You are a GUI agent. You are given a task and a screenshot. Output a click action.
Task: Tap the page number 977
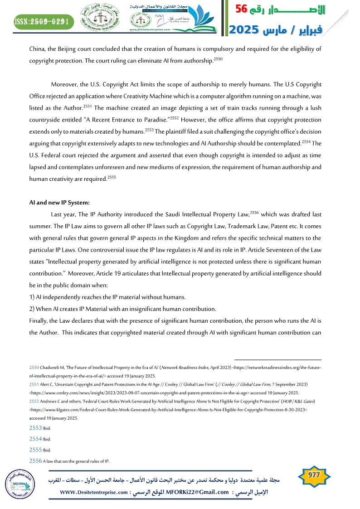(x=314, y=475)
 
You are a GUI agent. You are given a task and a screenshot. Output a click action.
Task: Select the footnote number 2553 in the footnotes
(x=35, y=427)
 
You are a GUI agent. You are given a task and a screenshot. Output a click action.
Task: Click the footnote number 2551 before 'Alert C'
(x=34, y=383)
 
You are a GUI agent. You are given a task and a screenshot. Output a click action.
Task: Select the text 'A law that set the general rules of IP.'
(x=76, y=461)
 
